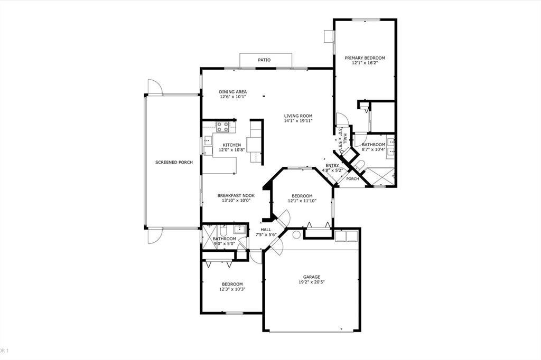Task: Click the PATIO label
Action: tap(264, 60)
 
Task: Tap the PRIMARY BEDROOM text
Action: tap(365, 58)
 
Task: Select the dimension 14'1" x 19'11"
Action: tap(299, 121)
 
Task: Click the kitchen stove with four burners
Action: tap(222, 127)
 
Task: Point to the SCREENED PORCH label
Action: tap(174, 162)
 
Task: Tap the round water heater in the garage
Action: tap(296, 234)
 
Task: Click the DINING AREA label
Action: tap(232, 92)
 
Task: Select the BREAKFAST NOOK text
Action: tap(236, 195)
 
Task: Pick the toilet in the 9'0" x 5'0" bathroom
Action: tap(224, 231)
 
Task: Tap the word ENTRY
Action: tap(332, 166)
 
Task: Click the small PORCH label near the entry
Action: tap(352, 179)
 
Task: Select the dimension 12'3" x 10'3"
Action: tap(232, 289)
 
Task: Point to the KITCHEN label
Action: tap(231, 145)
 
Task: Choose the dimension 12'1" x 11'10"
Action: tap(302, 201)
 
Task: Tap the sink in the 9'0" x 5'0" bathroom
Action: tap(239, 229)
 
